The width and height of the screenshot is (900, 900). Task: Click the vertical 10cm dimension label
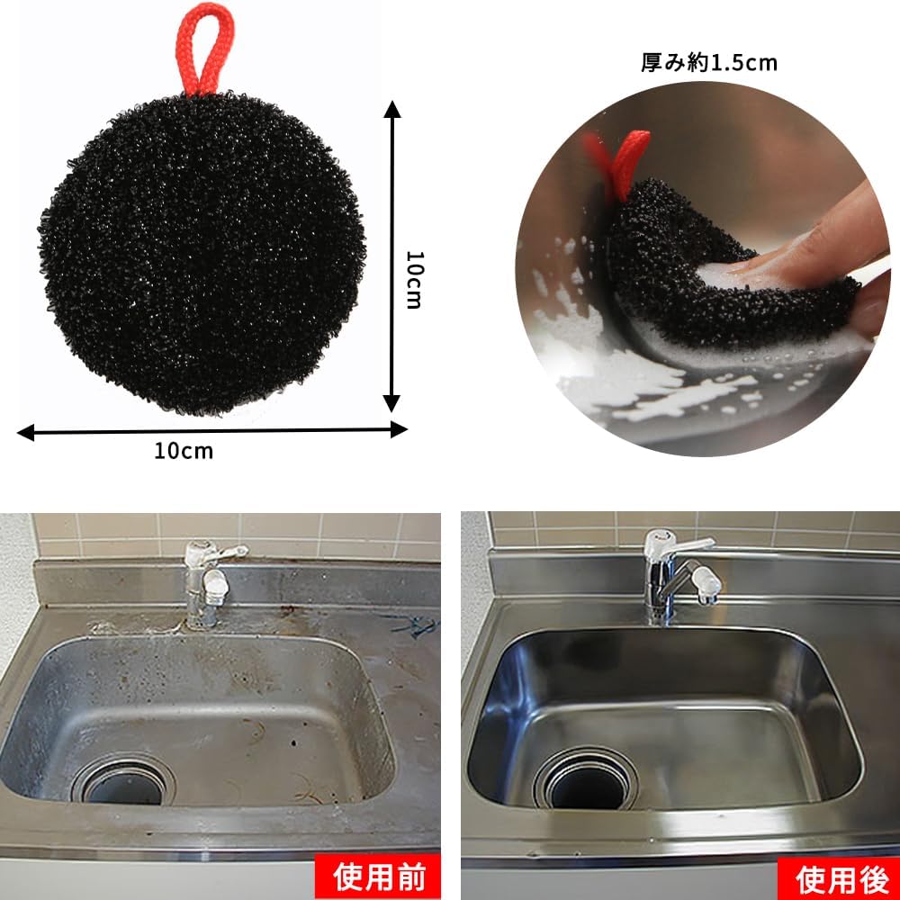[x=414, y=280]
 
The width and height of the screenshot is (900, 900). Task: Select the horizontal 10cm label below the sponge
[x=184, y=451]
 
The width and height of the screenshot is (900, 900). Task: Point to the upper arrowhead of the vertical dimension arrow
[x=392, y=109]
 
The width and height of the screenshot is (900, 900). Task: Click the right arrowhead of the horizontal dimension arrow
[x=399, y=429]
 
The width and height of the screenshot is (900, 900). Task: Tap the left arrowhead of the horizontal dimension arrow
[x=26, y=433]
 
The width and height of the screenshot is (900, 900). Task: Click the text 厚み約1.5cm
[x=709, y=63]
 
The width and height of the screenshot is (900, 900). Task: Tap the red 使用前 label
[x=378, y=877]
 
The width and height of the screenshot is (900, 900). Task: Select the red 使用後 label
[x=839, y=878]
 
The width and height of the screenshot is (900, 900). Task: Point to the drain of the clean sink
[x=586, y=778]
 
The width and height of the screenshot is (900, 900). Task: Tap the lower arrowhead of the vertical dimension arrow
[x=392, y=403]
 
